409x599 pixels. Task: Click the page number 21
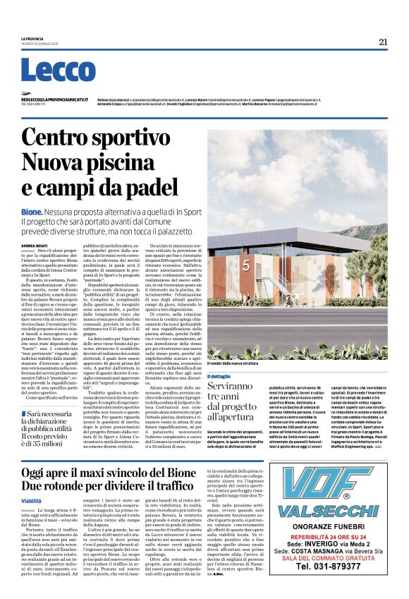[x=383, y=42]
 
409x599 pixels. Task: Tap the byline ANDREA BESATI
[x=35, y=246]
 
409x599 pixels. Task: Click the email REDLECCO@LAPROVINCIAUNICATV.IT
[x=54, y=99]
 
